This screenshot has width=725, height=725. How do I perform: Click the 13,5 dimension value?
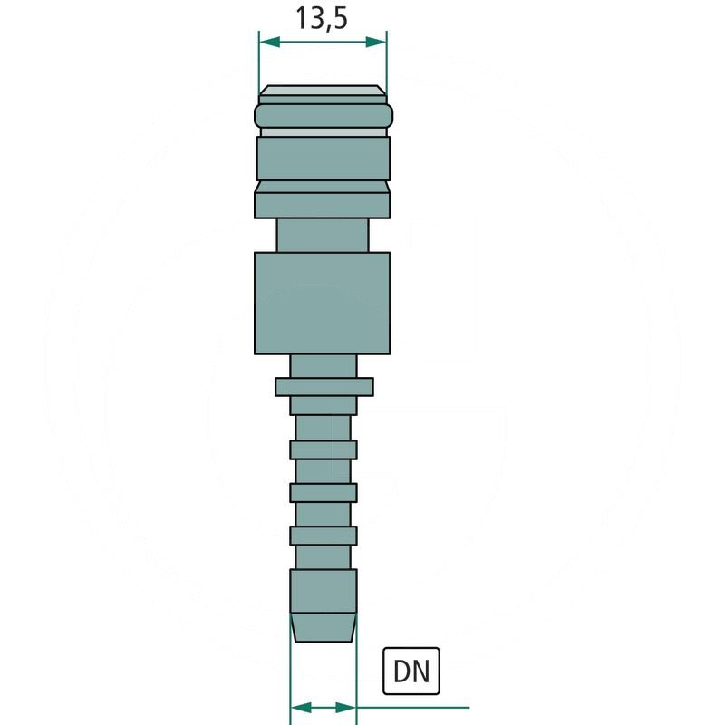(x=322, y=18)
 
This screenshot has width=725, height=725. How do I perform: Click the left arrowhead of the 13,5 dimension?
(x=267, y=43)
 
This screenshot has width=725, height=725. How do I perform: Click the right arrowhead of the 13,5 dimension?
(x=379, y=43)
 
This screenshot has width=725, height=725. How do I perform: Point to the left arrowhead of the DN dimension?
(x=298, y=706)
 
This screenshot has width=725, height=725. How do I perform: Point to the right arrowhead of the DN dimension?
(x=348, y=706)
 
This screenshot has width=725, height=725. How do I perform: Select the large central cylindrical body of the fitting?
(x=322, y=302)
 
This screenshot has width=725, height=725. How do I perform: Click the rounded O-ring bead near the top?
(x=324, y=116)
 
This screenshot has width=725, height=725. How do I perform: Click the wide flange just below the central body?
(x=324, y=387)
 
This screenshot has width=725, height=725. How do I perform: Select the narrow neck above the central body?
(x=323, y=234)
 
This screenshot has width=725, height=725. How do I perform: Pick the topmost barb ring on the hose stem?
(x=324, y=449)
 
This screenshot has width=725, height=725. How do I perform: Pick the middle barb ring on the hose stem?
(x=324, y=492)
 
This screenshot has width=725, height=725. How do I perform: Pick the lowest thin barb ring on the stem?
(x=324, y=535)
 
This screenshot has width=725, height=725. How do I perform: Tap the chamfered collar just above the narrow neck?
(x=323, y=198)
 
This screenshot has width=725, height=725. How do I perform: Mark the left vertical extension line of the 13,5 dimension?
(x=259, y=63)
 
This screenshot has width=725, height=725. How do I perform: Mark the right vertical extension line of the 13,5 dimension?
(x=387, y=63)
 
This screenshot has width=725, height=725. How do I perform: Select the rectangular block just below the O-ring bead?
(x=323, y=158)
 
